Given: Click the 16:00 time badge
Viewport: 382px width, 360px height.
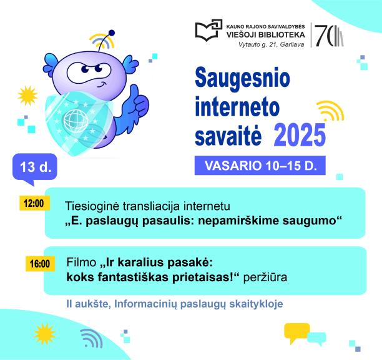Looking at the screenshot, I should (39, 263).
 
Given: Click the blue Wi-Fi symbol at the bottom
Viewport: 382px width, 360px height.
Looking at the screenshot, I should (92, 337).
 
